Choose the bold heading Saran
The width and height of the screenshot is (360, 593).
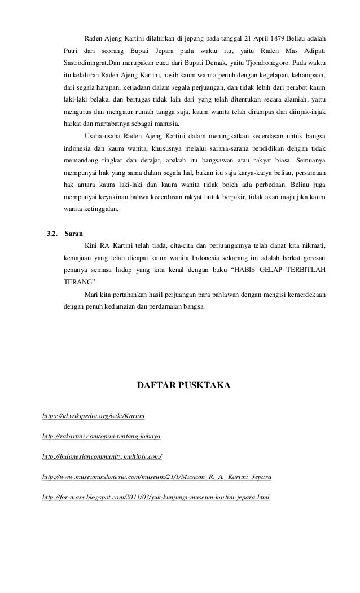74,233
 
